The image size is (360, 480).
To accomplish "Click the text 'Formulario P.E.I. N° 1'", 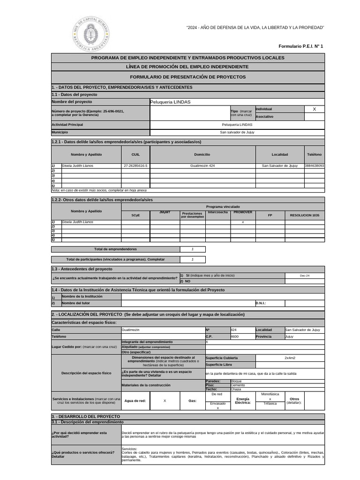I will coord(300,46).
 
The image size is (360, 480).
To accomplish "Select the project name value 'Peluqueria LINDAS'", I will coord(170,102).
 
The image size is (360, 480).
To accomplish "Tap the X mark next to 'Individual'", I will coord(314,109).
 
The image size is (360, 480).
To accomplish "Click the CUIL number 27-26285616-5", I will coord(135,166).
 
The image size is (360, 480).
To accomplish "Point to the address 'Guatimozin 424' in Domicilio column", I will coord(202,166).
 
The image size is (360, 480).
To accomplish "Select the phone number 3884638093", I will coord(314,166).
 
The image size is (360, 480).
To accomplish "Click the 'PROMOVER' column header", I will coord(242,212).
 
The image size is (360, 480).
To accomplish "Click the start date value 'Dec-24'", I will coord(305,276).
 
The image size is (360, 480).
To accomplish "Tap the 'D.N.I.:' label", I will coord(261,303).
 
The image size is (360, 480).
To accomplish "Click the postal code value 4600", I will coord(235,337).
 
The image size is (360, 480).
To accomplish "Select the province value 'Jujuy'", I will coord(289,337).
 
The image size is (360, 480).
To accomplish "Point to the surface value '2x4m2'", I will coord(290,358).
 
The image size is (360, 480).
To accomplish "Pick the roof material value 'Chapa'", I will coord(236,389).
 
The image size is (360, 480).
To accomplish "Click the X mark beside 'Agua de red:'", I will coord(165,401).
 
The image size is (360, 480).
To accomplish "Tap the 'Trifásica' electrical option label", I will coord(270,403).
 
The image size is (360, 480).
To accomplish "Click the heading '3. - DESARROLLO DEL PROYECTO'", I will coord(86,416).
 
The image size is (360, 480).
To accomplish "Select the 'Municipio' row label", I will coord(60,132).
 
